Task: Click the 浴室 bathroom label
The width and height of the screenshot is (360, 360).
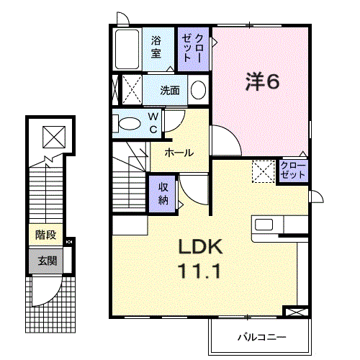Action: [156, 47]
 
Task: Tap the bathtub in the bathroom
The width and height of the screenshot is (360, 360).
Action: [127, 49]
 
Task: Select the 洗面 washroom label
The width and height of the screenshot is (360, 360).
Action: [170, 91]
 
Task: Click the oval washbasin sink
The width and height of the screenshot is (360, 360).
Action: [198, 90]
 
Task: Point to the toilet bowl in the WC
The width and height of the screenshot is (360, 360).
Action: [130, 124]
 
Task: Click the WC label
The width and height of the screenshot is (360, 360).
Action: [153, 123]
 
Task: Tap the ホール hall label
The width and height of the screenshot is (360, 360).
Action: [179, 153]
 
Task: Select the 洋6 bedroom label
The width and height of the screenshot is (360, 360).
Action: [262, 81]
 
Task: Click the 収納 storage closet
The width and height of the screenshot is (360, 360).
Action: [163, 194]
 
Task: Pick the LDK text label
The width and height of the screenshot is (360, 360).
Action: [201, 246]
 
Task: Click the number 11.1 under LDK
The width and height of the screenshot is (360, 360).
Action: [199, 271]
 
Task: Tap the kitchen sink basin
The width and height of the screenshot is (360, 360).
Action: [264, 225]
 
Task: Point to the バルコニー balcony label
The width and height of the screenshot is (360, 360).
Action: [262, 337]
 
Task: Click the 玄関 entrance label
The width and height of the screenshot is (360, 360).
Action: [48, 261]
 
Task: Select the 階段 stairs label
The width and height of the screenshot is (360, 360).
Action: [45, 235]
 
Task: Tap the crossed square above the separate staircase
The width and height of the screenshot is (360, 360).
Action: [54, 137]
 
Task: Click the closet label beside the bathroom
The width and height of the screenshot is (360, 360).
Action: [193, 48]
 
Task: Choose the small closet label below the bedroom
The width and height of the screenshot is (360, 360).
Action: [293, 170]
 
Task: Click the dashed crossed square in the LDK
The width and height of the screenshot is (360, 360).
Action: [263, 171]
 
